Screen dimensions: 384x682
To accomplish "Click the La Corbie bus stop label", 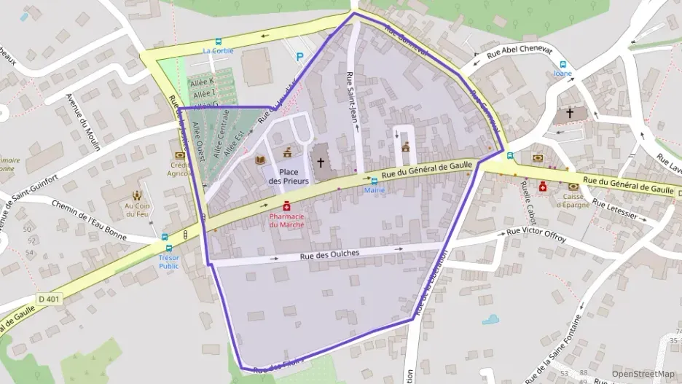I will tap(218, 51).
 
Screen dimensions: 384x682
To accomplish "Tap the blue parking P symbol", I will tap(300, 57).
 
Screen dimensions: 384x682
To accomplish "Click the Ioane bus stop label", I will tap(563, 74).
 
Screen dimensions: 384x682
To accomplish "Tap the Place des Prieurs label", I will tap(289, 176).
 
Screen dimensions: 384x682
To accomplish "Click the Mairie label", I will tap(375, 190).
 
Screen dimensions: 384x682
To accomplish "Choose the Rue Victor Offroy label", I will tap(536, 234).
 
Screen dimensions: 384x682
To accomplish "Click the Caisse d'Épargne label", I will tap(573, 200).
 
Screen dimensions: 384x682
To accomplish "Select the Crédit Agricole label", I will tap(179, 169).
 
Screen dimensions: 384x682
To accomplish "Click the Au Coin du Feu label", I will tap(137, 209).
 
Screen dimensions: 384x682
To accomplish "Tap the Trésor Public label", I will tap(168, 261).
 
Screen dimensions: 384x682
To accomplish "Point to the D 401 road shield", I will tap(50, 299).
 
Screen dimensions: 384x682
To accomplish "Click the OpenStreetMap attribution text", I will tap(643, 374).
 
